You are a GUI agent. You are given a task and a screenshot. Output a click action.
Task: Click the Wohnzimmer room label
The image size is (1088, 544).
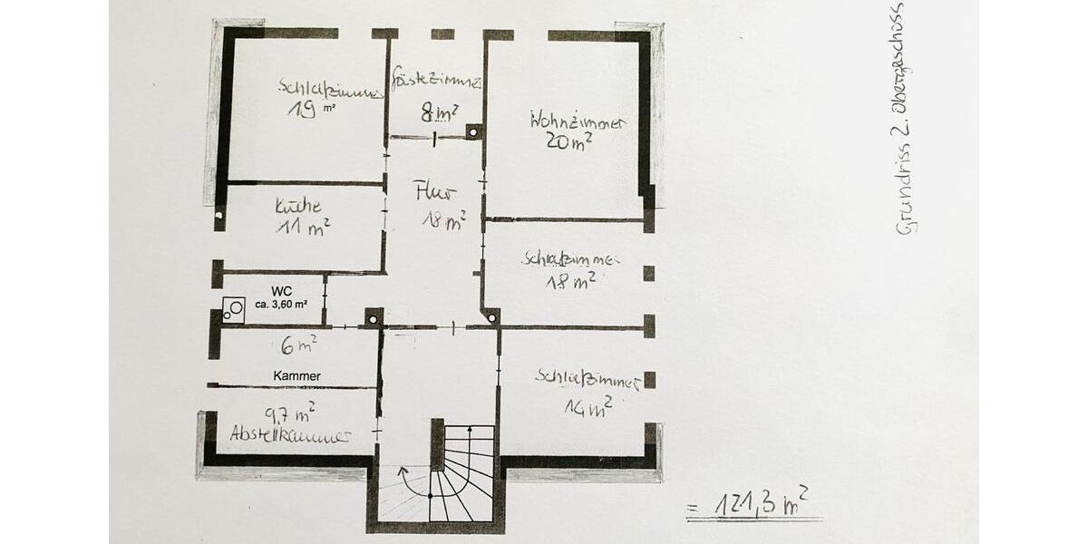575,121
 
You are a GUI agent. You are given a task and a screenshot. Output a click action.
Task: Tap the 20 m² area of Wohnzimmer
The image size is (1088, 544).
569,141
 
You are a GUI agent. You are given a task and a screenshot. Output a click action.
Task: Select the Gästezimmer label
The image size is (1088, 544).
435,82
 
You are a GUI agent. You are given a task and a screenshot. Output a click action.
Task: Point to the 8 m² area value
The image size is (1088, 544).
439,113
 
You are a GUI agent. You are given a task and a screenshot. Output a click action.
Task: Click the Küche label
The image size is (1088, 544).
298,207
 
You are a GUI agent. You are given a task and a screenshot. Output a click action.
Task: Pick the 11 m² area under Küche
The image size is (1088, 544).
303,227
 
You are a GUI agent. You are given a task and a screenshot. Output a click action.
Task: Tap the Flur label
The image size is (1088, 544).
434,192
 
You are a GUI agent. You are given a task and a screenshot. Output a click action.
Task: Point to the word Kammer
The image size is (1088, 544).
296,375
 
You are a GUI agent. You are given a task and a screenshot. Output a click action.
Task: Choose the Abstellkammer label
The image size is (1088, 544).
290,434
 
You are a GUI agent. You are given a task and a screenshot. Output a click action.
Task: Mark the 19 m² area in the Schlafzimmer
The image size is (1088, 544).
304,111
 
